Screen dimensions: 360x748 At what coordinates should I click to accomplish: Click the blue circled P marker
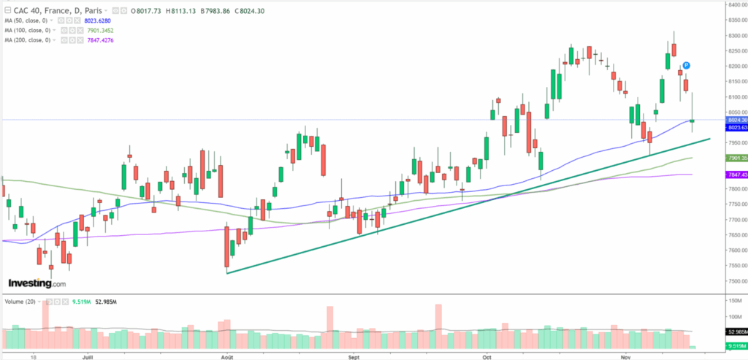click(x=687, y=66)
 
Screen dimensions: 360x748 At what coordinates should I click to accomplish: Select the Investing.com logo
click(x=37, y=283)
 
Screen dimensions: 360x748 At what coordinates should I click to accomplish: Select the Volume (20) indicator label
click(x=22, y=301)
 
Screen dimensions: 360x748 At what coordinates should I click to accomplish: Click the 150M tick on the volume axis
click(x=734, y=301)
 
